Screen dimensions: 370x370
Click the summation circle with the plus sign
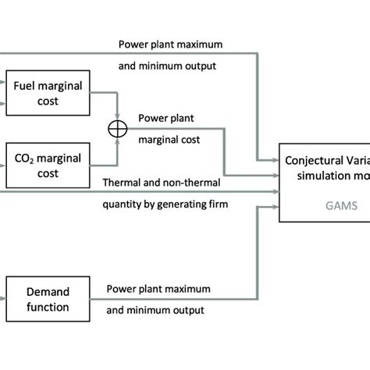coord(116,130)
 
